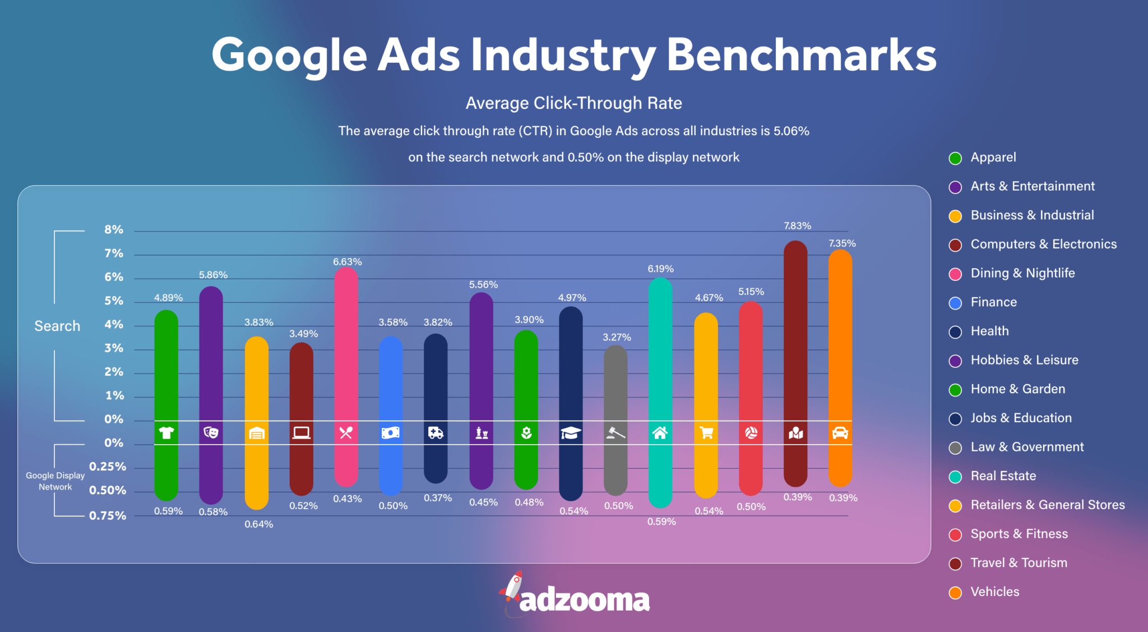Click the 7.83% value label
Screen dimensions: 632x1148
pyautogui.click(x=797, y=225)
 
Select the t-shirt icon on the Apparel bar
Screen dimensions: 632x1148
pyautogui.click(x=166, y=432)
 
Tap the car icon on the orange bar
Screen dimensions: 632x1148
pyautogui.click(x=840, y=432)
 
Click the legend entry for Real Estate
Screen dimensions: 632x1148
pyautogui.click(x=1003, y=476)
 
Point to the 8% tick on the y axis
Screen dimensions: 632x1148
pyautogui.click(x=114, y=229)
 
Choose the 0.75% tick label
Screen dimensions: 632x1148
pyautogui.click(x=108, y=515)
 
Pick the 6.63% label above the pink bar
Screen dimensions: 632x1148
pyautogui.click(x=347, y=262)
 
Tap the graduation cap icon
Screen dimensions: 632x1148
pyautogui.click(x=571, y=432)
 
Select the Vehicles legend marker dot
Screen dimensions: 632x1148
pyautogui.click(x=955, y=592)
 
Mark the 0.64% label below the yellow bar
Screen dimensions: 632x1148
pyautogui.click(x=258, y=524)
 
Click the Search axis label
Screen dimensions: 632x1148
pyautogui.click(x=57, y=326)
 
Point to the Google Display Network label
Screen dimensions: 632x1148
pyautogui.click(x=55, y=481)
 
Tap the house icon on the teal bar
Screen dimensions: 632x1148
pyautogui.click(x=660, y=432)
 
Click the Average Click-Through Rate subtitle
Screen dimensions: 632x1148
pyautogui.click(x=573, y=103)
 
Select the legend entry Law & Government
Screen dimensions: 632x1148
pyautogui.click(x=1027, y=447)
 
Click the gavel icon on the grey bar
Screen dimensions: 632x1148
pyautogui.click(x=615, y=432)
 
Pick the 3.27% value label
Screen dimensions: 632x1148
pyautogui.click(x=617, y=337)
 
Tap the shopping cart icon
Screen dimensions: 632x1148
pyautogui.click(x=706, y=432)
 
